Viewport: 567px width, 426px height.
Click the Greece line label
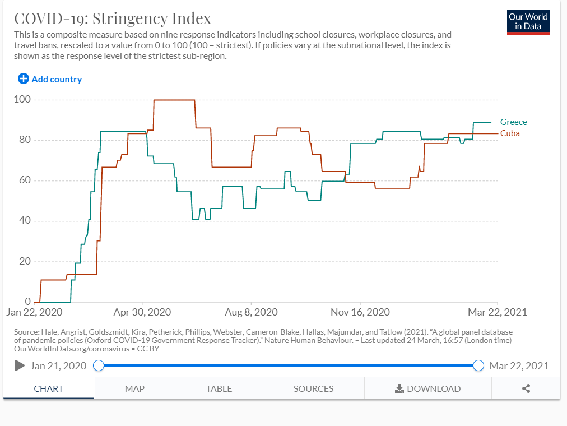(x=513, y=122)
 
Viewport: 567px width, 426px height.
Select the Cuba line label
(x=510, y=133)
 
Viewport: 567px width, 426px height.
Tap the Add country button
(x=50, y=79)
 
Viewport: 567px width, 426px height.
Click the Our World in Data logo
(x=528, y=22)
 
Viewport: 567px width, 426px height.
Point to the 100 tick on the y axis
(x=23, y=100)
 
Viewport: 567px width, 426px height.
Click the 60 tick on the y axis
(x=25, y=180)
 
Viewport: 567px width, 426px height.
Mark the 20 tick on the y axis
(x=25, y=261)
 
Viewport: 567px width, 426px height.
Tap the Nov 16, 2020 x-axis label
(x=360, y=312)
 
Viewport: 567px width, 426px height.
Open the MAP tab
(x=134, y=388)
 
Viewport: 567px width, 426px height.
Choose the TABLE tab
(x=219, y=388)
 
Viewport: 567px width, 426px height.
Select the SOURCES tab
(x=313, y=388)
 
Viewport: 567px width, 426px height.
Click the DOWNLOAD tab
(x=428, y=388)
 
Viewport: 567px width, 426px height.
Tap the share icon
(x=526, y=388)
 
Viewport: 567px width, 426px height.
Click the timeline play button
(x=20, y=365)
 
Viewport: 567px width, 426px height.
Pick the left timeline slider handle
(x=99, y=365)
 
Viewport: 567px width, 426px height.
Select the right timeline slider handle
(x=478, y=365)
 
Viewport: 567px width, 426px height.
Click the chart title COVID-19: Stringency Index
(x=113, y=18)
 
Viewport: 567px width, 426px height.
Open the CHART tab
(x=49, y=388)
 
